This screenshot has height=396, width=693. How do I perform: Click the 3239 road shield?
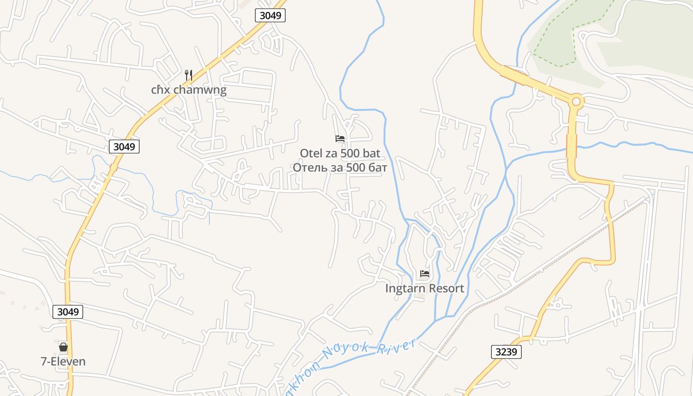pyautogui.click(x=506, y=352)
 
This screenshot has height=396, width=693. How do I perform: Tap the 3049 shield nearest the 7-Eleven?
pyautogui.click(x=68, y=312)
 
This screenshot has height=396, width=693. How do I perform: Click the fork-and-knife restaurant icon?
pyautogui.click(x=189, y=75)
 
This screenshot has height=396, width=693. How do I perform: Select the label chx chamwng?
pyautogui.click(x=189, y=90)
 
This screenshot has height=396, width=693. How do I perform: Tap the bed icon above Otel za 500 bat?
pyautogui.click(x=340, y=139)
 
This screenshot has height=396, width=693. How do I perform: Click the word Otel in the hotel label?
pyautogui.click(x=310, y=153)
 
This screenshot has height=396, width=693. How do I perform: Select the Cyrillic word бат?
pyautogui.click(x=378, y=167)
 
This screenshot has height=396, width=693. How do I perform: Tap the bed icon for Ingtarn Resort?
pyautogui.click(x=425, y=273)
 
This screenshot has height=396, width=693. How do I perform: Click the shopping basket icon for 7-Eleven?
pyautogui.click(x=63, y=347)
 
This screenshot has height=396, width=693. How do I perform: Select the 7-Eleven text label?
pyautogui.click(x=63, y=361)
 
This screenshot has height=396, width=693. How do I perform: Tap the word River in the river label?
pyautogui.click(x=396, y=346)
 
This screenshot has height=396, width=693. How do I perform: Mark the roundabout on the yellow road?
pyautogui.click(x=576, y=102)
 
